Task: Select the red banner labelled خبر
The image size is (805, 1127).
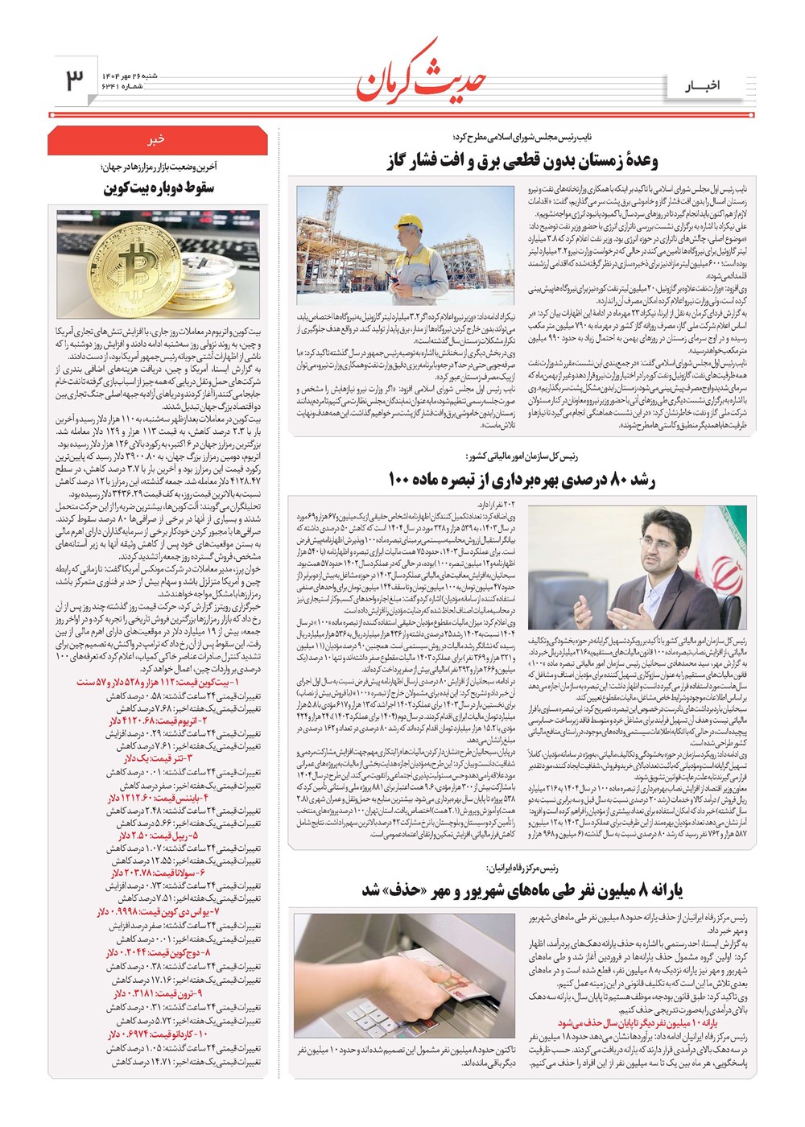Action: click(x=156, y=140)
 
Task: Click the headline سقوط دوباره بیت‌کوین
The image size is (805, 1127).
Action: click(x=158, y=188)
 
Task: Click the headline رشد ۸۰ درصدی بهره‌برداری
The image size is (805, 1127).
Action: click(x=522, y=480)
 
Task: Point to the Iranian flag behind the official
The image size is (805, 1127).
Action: click(x=725, y=555)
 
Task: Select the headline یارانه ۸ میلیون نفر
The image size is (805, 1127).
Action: click(x=522, y=890)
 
